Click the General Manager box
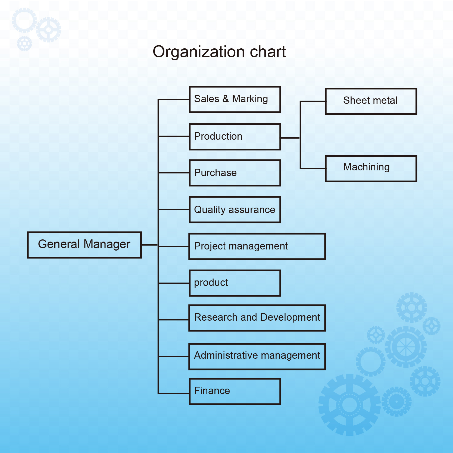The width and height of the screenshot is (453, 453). [84, 245]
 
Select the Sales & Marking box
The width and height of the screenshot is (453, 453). [235, 99]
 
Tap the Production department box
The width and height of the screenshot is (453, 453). [235, 137]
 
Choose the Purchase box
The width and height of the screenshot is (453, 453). [235, 173]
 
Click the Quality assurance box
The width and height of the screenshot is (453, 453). [235, 210]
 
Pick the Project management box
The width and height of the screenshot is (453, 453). [257, 246]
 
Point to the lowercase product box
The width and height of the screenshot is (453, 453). [235, 283]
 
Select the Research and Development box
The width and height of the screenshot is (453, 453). [257, 318]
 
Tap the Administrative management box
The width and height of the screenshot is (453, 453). [257, 356]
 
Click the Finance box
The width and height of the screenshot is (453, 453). [235, 391]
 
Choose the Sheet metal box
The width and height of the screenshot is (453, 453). [371, 101]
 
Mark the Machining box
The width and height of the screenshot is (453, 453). [371, 168]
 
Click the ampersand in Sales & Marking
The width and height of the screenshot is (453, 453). [226, 99]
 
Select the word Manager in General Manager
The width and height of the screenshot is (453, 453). [107, 244]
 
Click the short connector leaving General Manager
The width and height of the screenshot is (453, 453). [149, 245]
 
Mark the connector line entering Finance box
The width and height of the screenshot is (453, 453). [174, 393]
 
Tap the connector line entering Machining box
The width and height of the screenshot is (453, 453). [313, 168]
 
